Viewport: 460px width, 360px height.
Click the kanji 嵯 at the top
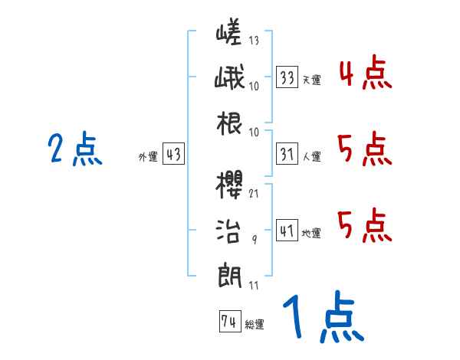(x=231, y=33)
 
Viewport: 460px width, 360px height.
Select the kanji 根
(x=231, y=123)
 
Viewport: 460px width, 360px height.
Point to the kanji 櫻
(x=231, y=185)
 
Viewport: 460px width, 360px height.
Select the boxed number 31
(x=287, y=154)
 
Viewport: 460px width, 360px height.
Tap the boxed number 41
(x=287, y=230)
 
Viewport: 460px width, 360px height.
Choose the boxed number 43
(x=173, y=154)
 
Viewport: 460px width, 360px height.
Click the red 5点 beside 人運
(x=365, y=149)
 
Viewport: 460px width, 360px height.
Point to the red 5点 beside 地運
(x=365, y=225)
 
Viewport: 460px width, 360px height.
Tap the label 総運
(x=254, y=325)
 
